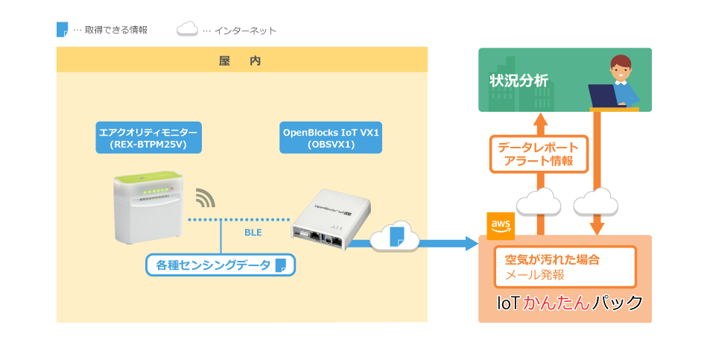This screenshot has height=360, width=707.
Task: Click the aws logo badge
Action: (501, 226)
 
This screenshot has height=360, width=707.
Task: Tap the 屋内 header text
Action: (240, 61)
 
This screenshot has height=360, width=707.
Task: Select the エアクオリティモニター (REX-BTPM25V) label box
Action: (148, 138)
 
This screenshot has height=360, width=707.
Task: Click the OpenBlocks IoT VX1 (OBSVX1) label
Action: (331, 138)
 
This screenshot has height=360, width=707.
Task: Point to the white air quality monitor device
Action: (148, 207)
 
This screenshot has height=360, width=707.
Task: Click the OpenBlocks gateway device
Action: (331, 220)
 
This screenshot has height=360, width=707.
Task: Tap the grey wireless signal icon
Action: (206, 198)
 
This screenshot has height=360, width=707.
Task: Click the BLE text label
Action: (253, 233)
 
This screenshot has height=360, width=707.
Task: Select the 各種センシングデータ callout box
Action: (221, 265)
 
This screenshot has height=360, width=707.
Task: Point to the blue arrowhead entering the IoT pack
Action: (472, 244)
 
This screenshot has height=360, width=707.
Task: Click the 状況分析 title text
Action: (519, 80)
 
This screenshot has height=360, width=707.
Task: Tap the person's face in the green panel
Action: (621, 70)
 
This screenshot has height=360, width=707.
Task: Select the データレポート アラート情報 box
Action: (539, 154)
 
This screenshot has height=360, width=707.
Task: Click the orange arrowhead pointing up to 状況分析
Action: (540, 119)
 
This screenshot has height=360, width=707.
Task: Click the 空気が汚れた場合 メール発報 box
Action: (565, 267)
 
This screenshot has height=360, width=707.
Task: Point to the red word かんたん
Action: (557, 303)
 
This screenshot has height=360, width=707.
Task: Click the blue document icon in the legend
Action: (63, 29)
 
